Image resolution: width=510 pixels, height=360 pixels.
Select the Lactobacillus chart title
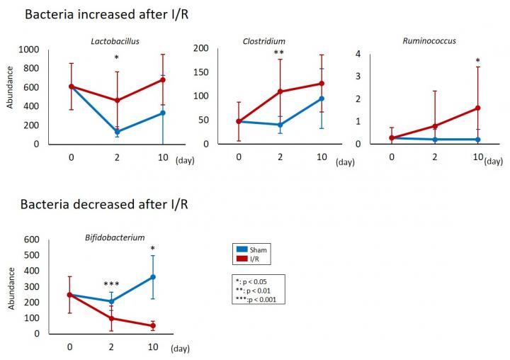(115, 41)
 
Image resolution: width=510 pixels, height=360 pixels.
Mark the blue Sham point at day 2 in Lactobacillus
(116, 132)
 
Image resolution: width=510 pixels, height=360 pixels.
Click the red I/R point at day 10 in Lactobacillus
(162, 80)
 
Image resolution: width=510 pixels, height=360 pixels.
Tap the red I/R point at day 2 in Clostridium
(280, 91)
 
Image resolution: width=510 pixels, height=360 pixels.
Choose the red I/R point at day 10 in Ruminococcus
(478, 108)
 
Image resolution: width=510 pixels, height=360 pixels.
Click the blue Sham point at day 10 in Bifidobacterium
(152, 277)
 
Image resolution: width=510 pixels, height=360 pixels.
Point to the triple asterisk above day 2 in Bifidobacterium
(110, 284)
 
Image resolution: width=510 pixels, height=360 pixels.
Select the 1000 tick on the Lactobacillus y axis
(28, 50)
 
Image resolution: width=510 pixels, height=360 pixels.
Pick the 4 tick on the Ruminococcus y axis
(360, 54)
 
